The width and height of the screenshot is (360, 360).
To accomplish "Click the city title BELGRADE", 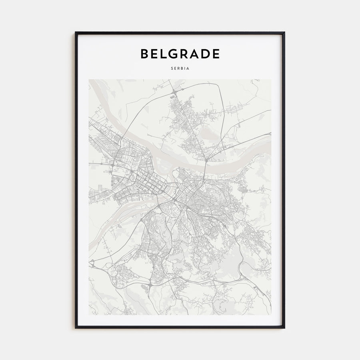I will click(180, 54).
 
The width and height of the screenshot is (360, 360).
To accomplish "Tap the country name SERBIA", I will click(180, 68).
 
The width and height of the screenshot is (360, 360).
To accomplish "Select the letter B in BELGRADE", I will click(144, 54).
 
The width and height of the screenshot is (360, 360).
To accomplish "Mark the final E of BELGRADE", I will click(216, 54).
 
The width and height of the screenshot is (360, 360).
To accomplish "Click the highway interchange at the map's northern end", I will click(175, 93).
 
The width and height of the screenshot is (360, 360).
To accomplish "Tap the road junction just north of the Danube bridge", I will click(206, 159).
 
